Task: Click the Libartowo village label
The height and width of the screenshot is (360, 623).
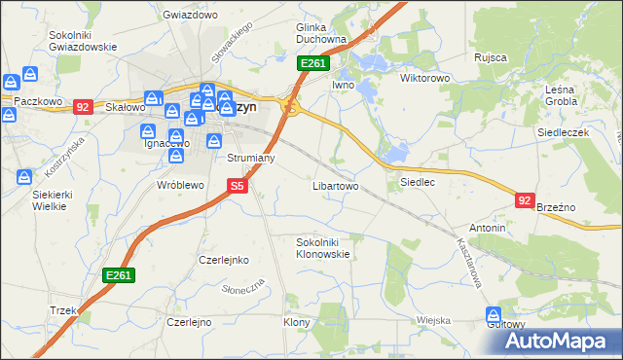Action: (x=335, y=185)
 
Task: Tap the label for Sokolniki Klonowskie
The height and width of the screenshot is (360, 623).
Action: (x=322, y=247)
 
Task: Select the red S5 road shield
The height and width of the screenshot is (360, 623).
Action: (x=238, y=185)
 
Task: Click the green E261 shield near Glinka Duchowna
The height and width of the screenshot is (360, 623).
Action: (x=313, y=64)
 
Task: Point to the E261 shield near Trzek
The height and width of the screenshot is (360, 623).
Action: (x=118, y=276)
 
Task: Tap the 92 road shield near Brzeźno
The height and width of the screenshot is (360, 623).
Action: (x=525, y=200)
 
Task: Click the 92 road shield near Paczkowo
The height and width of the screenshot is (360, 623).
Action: (x=82, y=107)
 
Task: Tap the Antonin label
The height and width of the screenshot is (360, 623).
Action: (x=487, y=228)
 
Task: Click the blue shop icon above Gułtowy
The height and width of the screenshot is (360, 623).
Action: (x=494, y=315)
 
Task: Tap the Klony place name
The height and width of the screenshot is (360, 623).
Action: (x=296, y=322)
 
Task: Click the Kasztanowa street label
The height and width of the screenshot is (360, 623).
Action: (x=468, y=264)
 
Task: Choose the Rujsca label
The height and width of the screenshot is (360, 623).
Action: (x=491, y=57)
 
